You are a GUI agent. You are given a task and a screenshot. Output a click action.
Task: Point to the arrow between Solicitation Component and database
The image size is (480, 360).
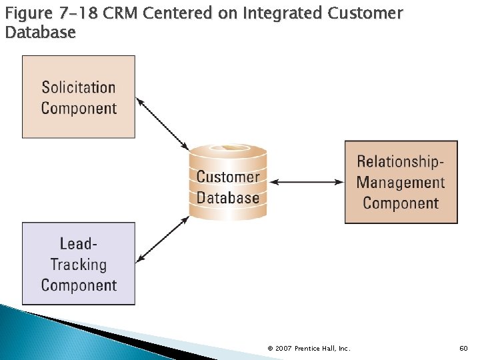pos(163,124)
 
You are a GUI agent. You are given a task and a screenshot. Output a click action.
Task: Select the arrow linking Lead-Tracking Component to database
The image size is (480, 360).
pos(163,239)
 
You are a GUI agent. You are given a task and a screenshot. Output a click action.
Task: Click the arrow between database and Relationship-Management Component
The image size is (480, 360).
pos(308,181)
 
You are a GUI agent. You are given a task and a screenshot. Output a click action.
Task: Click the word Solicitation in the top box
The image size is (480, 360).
pos(79,87)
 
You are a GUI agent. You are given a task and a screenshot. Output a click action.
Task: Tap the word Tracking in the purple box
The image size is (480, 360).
pos(79,265)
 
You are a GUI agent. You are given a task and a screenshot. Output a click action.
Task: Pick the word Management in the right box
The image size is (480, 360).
pos(401,182)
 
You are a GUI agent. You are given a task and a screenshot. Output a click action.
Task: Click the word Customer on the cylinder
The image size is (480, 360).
pos(228,177)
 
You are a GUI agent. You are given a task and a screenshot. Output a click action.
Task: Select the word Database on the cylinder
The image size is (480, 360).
pos(228,198)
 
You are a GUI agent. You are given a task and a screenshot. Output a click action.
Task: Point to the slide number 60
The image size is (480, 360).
pos(464,348)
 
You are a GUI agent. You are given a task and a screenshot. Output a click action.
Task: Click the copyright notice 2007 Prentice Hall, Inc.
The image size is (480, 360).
pos(309,348)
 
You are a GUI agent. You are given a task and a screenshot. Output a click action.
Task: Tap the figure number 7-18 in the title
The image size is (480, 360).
pos(79,13)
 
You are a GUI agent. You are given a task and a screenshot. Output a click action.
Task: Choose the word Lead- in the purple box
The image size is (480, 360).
pos(79,244)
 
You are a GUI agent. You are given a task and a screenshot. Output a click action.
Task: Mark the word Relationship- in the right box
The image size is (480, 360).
pos(401,161)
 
